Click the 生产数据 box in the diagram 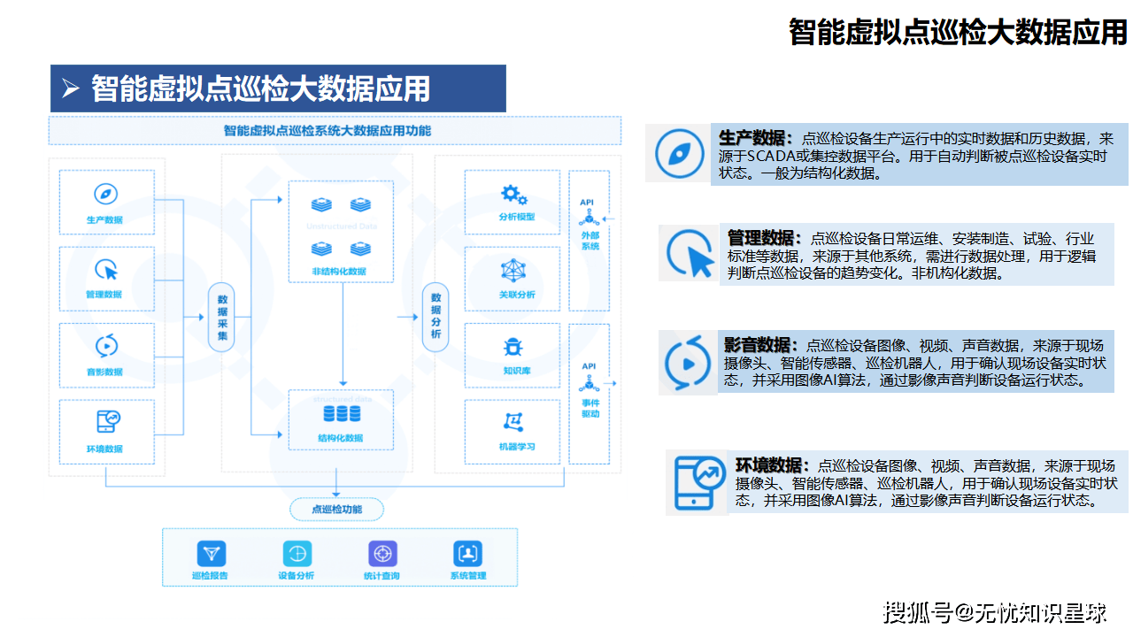[x=106, y=203]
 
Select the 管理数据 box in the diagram [x=106, y=279]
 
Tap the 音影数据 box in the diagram [x=106, y=356]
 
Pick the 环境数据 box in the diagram [x=106, y=432]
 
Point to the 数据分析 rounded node [x=435, y=318]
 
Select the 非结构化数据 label [x=340, y=272]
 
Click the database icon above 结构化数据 [x=342, y=414]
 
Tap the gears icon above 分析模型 [x=514, y=195]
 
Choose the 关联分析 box [x=513, y=279]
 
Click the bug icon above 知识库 [x=513, y=347]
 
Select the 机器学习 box [x=513, y=432]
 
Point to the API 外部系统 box [x=589, y=240]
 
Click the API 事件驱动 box [x=589, y=394]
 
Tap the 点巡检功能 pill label [x=336, y=509]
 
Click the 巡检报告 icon [x=211, y=554]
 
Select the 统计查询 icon [x=382, y=554]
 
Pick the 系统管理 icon [x=466, y=554]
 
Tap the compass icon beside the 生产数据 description [x=679, y=154]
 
